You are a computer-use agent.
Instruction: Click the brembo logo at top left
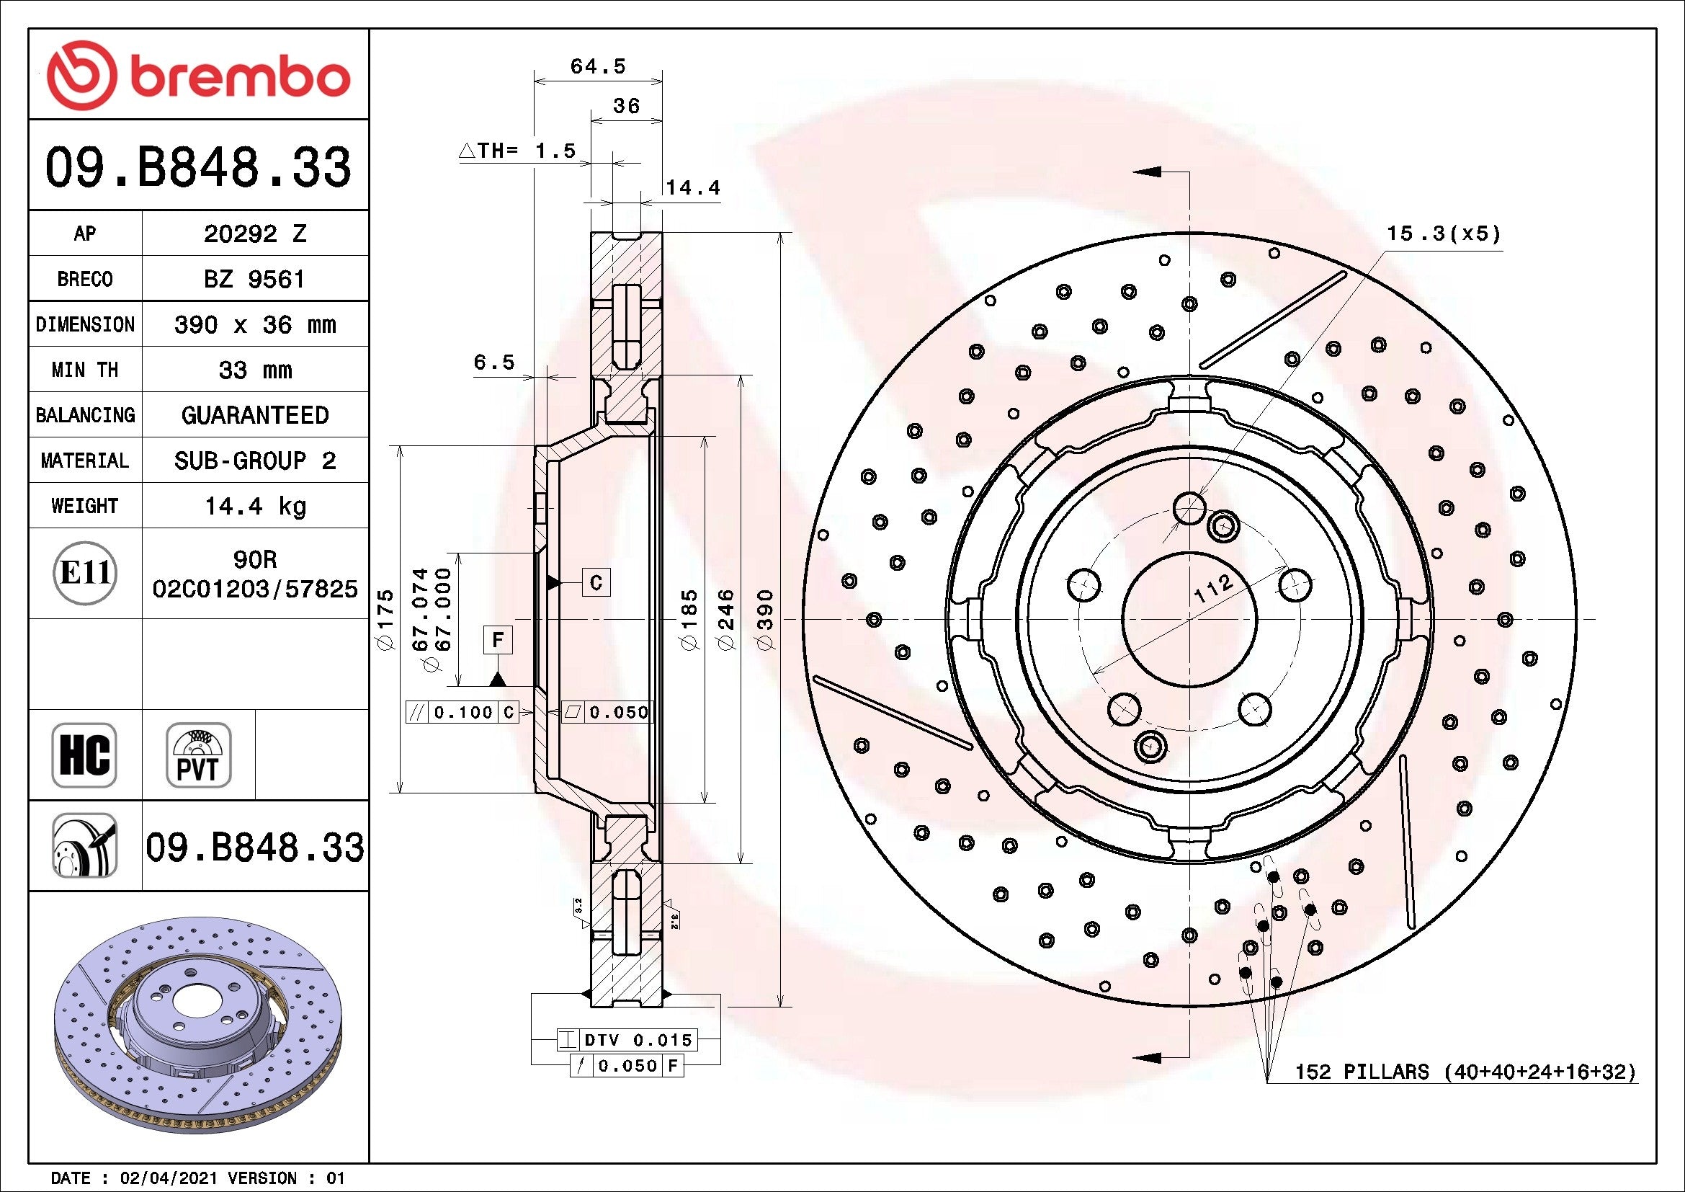(x=198, y=76)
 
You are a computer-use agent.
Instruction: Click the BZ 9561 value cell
(x=254, y=279)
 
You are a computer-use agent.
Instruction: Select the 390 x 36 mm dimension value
(x=254, y=324)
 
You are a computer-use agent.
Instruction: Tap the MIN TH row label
(x=84, y=370)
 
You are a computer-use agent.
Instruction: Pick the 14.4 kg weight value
(x=254, y=506)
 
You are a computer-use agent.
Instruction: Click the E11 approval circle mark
(x=84, y=573)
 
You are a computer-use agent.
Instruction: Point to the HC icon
(x=84, y=755)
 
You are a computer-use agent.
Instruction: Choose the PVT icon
(x=198, y=755)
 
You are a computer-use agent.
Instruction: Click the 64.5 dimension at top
(x=597, y=67)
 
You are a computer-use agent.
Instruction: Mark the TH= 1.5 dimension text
(x=517, y=151)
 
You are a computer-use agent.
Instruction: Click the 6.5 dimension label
(x=494, y=362)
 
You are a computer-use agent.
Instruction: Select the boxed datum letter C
(x=596, y=583)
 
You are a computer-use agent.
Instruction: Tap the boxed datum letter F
(x=498, y=640)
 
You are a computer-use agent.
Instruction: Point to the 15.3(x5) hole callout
(x=1443, y=234)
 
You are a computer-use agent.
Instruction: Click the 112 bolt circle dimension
(x=1212, y=589)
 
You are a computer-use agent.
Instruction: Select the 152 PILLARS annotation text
(x=1465, y=1072)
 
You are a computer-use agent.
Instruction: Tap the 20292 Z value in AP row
(x=254, y=233)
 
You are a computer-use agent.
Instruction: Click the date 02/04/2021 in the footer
(x=169, y=1178)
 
